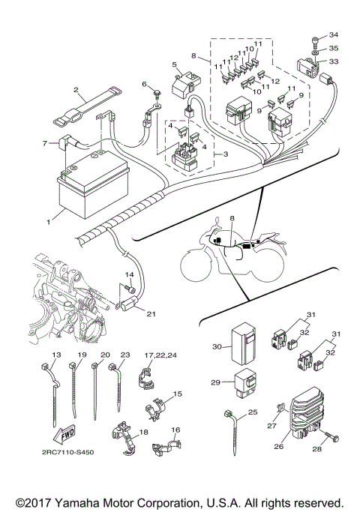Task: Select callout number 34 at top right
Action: [x=334, y=35]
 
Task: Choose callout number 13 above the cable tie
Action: [x=55, y=355]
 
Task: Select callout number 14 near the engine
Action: [x=128, y=275]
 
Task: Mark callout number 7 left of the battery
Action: [x=45, y=142]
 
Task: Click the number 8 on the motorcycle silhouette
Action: [x=232, y=219]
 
